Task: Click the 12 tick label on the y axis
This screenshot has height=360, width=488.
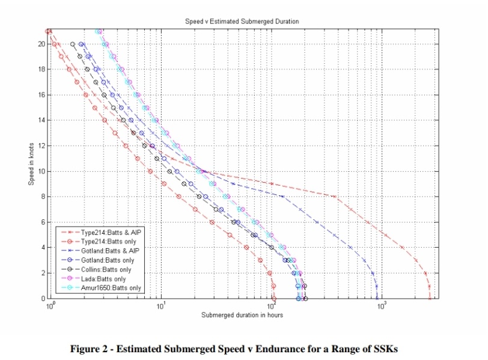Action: [x=41, y=145]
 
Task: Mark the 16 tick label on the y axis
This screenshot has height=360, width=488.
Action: [x=41, y=95]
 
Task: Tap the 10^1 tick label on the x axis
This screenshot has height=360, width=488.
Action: [x=160, y=306]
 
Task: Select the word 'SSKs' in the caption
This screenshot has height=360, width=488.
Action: [x=385, y=349]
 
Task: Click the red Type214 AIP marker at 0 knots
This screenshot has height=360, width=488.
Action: [x=430, y=298]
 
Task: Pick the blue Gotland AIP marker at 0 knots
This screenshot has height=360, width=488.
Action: [x=377, y=298]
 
